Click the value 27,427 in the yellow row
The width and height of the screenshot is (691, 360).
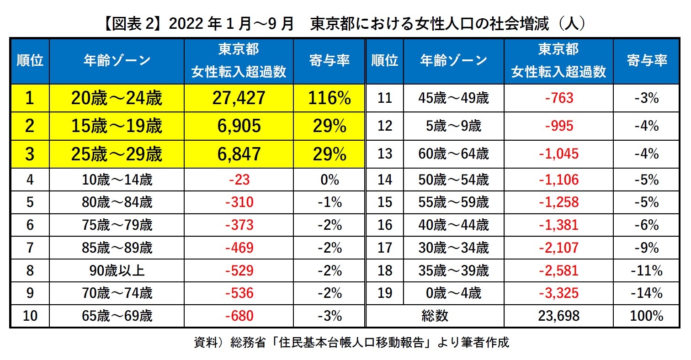239,98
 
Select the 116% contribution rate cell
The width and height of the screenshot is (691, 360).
329,98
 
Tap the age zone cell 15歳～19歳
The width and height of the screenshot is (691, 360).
116,126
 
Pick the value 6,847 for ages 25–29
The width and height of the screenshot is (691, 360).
239,154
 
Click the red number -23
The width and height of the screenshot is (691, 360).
239,180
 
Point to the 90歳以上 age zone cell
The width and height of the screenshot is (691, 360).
116,270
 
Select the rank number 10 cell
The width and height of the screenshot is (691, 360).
30,316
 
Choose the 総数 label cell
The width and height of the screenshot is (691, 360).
435,316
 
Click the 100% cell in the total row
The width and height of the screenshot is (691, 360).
646,316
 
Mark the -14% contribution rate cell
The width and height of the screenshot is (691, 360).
646,293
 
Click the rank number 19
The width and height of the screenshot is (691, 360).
385,293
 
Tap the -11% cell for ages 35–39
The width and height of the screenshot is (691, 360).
646,270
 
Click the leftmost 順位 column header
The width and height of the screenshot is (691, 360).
30,61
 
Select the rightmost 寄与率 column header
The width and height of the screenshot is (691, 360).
646,61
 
